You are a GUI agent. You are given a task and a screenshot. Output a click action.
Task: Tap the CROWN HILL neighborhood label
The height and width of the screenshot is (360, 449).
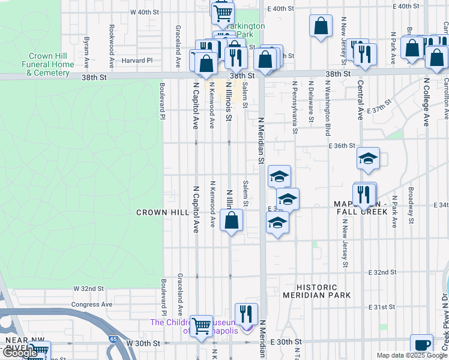162,212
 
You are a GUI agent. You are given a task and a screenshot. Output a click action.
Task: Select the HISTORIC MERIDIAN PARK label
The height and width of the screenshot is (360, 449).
315,291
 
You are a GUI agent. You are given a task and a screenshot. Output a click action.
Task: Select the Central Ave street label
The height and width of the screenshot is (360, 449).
360,100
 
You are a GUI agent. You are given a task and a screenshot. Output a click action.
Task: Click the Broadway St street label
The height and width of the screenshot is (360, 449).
411,203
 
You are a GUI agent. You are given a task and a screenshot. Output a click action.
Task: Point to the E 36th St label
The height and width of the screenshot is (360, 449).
342,146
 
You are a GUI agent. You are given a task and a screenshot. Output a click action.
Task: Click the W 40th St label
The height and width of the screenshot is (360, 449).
145,12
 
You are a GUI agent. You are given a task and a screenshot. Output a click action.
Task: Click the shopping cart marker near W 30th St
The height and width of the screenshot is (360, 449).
201,325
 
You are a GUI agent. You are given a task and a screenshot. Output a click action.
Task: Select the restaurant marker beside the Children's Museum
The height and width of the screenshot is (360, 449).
246,313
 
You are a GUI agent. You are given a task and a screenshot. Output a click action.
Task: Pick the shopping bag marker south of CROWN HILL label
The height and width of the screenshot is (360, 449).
231,220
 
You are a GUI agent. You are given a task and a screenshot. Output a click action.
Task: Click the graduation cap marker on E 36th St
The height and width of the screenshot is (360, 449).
368,158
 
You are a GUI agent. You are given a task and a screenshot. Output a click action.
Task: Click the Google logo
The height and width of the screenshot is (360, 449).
19,353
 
